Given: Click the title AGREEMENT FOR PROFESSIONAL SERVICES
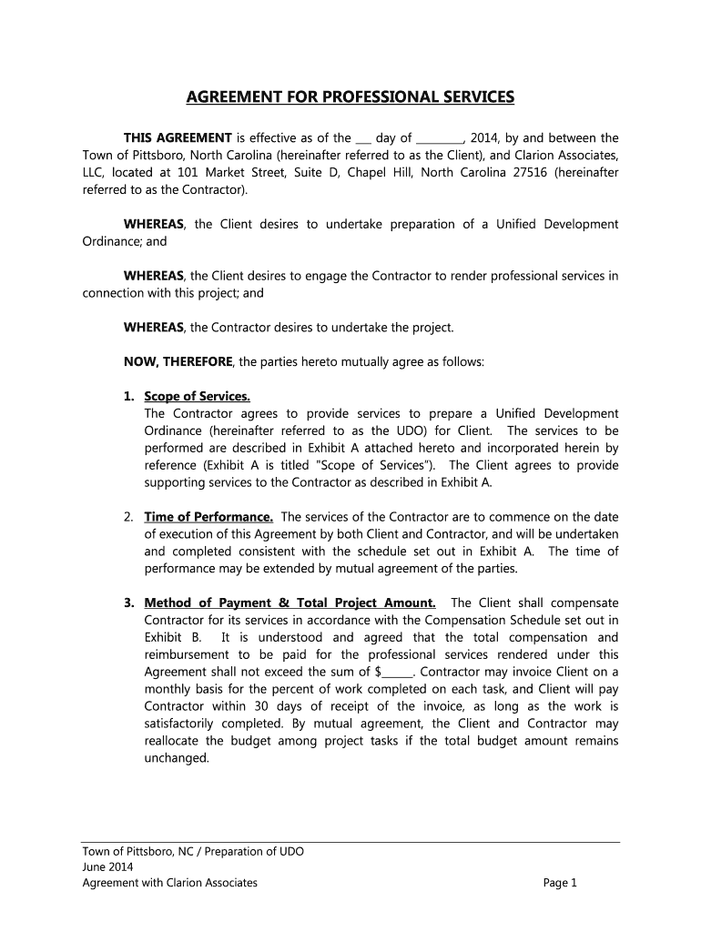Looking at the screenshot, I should pos(350,97).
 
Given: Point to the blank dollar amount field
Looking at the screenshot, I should pos(397,673).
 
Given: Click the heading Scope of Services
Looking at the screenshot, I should pos(197,396).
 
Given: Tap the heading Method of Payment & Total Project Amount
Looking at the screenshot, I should pos(290,603).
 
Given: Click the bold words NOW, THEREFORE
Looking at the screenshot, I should pos(178,361).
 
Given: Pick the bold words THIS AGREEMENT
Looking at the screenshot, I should pos(178,138).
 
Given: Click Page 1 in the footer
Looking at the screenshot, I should pos(560,882).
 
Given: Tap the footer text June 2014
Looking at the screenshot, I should pos(107,866).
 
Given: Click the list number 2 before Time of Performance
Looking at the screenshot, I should pos(129,517).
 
